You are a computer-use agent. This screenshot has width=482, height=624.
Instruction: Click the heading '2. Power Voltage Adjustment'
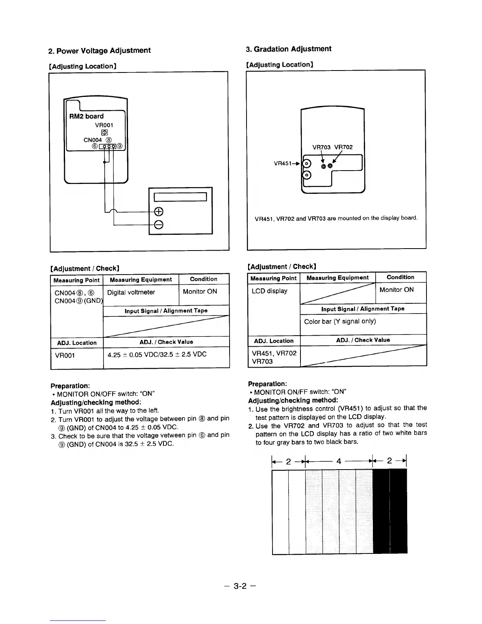pos(99,51)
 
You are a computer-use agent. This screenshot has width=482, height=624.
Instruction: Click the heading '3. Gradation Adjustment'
pos(289,49)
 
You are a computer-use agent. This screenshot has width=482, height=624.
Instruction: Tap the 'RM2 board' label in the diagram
pos(86,116)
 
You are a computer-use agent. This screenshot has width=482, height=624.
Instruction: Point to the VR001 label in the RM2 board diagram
pos(104,125)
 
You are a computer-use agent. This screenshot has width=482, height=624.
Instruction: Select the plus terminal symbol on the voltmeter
pos(158,212)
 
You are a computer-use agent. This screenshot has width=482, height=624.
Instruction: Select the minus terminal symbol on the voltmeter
pos(158,225)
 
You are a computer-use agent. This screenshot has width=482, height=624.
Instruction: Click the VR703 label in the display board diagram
pos(321,147)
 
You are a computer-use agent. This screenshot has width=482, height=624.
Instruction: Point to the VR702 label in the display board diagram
pos(343,147)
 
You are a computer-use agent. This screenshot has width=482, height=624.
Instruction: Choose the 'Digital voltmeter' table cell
pos(131,292)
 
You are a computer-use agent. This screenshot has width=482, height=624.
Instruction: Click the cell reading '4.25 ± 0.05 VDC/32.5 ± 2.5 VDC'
pos(157,354)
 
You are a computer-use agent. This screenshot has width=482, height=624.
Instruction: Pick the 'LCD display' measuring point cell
pos(270,291)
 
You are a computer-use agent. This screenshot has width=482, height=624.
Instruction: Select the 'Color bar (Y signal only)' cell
pos(340,321)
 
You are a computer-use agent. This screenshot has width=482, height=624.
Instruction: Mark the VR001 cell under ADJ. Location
pos(65,355)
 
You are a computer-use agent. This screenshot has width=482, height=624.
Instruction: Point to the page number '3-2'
pos(240,586)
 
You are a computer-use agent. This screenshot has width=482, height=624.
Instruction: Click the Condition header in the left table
pos(203,279)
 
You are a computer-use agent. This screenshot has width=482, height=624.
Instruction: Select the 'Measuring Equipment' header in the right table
pos(337,278)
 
